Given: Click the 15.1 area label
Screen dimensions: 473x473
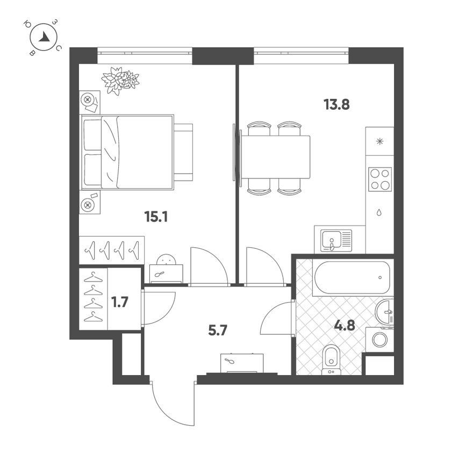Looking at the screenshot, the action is tap(156, 217).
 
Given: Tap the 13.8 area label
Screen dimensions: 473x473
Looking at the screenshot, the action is tap(336, 105).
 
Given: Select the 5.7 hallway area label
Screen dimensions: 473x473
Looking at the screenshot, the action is tap(217, 331).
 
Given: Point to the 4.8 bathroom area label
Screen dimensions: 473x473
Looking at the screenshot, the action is tap(345, 326).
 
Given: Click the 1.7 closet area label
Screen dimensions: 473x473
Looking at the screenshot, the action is tap(120, 302).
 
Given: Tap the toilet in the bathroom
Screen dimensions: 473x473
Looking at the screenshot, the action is tap(331, 360).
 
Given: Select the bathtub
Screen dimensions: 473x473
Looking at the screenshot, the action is tap(352, 277).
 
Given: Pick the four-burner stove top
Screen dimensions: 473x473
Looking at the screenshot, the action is tap(380, 179).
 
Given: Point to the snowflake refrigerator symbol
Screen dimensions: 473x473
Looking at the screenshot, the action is tap(380, 141).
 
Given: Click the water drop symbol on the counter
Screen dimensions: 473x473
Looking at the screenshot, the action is tap(379, 212).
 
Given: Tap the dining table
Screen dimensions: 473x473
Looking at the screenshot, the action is tap(275, 157).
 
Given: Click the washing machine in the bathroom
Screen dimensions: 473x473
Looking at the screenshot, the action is tap(379, 340).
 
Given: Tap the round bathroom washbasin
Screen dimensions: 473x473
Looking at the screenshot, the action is tap(384, 312).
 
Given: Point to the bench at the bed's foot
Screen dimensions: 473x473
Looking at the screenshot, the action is tap(183, 152).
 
